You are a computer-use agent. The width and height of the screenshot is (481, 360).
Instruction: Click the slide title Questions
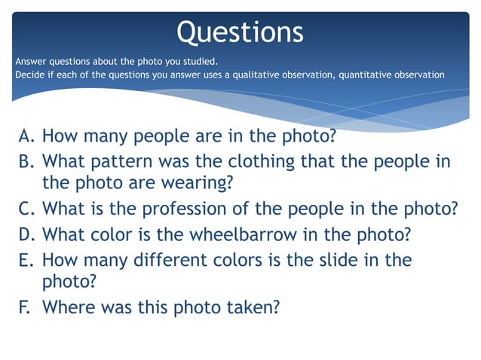(x=240, y=32)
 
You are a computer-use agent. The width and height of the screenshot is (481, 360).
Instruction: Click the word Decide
(x=28, y=75)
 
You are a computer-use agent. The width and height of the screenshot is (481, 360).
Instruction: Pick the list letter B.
(x=26, y=160)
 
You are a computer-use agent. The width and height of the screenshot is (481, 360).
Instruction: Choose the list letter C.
(x=26, y=209)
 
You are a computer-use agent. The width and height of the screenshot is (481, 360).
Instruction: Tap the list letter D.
(x=26, y=234)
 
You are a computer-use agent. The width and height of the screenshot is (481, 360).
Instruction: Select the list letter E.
(x=26, y=260)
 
